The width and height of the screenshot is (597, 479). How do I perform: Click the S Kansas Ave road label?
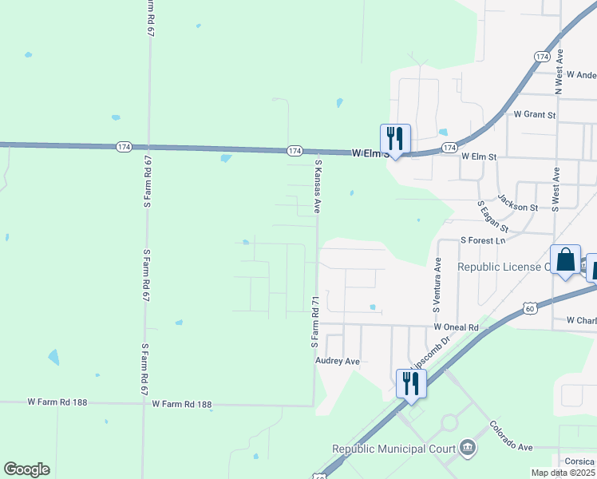coord(318,185)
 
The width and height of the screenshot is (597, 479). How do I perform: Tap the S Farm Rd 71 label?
coord(314,322)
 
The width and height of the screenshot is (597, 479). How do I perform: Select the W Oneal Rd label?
coord(456,327)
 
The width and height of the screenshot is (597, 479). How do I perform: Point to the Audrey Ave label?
coord(338,361)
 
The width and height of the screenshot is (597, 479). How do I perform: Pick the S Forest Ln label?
coord(484,240)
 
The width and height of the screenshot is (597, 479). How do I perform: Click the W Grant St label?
coord(535,115)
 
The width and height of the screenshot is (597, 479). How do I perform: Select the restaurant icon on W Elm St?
coord(394,139)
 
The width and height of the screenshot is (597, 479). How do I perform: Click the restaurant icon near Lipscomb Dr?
coord(411,383)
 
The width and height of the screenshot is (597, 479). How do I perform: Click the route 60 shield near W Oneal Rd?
coord(530,307)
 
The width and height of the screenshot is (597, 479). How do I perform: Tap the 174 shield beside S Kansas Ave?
coord(295,150)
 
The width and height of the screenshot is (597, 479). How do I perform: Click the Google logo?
coord(26,469)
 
